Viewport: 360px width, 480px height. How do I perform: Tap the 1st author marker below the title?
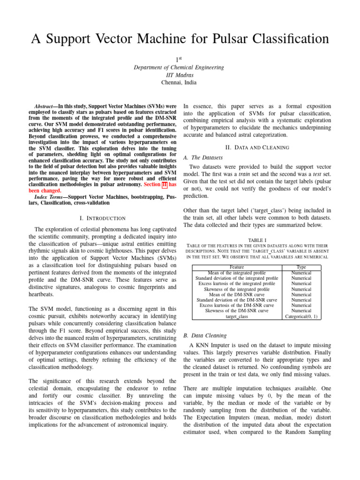click(x=179, y=60)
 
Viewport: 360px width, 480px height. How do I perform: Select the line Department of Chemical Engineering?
click(x=179, y=67)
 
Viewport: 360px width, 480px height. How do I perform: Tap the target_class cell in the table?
click(x=237, y=316)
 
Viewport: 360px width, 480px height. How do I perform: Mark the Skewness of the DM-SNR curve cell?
click(x=237, y=310)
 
